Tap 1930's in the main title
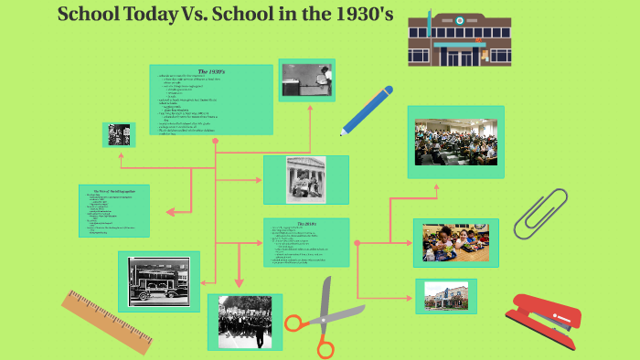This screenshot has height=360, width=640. click(x=347, y=15)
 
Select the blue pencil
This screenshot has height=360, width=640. click(x=367, y=110)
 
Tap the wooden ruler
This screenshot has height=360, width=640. click(x=108, y=322)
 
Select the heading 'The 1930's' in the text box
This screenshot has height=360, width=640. click(x=211, y=71)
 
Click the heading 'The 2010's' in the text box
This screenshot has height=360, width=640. click(x=305, y=224)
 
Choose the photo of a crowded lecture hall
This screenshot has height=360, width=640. click(x=455, y=142)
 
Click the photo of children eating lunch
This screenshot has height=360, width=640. click(x=455, y=243)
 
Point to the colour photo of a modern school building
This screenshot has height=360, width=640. click(x=445, y=295)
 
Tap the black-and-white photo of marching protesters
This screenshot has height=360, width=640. click(x=244, y=321)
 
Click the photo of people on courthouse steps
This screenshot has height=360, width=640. click(x=305, y=179)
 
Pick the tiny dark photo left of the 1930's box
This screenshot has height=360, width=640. click(x=118, y=134)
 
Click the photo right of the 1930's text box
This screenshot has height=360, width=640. click(x=306, y=80)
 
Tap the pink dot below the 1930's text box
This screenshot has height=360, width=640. click(x=215, y=142)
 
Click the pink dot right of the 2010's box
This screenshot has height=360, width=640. click(x=357, y=243)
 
